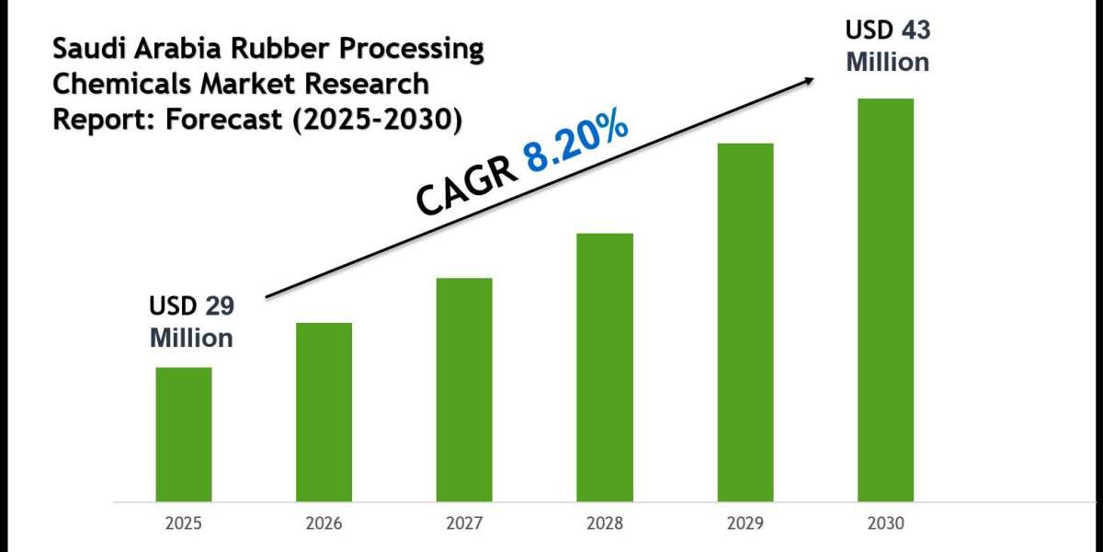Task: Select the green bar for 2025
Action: point(184,434)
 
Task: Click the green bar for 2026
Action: point(324,412)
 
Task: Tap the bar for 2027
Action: point(464,389)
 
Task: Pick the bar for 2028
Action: point(605,367)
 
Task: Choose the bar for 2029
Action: point(745,322)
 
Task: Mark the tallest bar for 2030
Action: point(885,300)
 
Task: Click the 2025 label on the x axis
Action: point(184,523)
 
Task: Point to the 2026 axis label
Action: point(324,523)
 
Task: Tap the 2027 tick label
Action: point(464,523)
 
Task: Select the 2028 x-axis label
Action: point(605,523)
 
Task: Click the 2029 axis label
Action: point(745,523)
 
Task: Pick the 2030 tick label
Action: point(885,523)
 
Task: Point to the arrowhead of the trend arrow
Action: point(808,80)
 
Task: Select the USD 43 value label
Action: point(887,30)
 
